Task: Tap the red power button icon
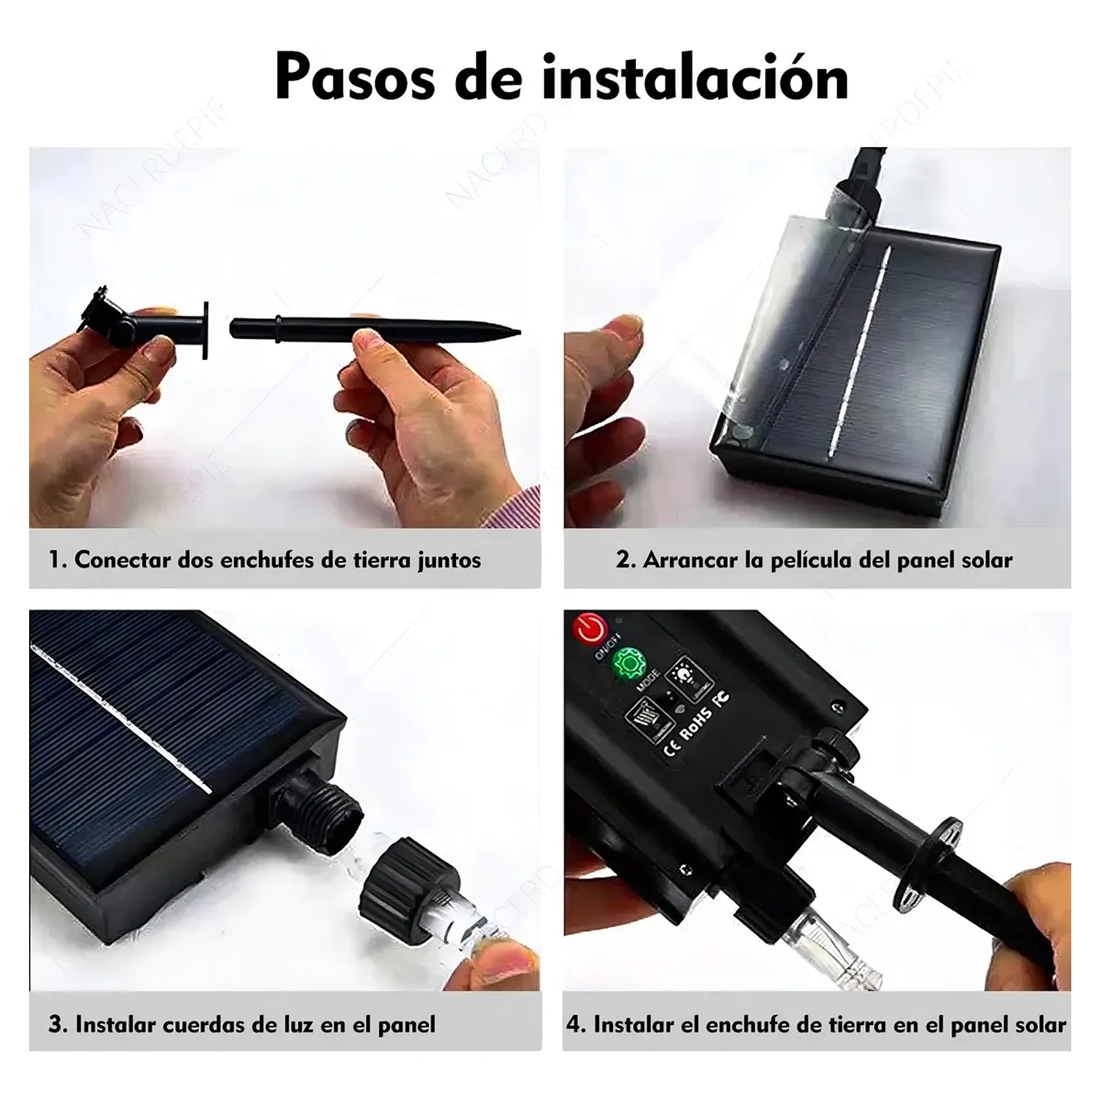click(589, 629)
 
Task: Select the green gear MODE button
click(629, 663)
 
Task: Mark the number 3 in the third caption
click(56, 1025)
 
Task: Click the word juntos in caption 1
click(449, 560)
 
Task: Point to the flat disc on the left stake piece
click(206, 330)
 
